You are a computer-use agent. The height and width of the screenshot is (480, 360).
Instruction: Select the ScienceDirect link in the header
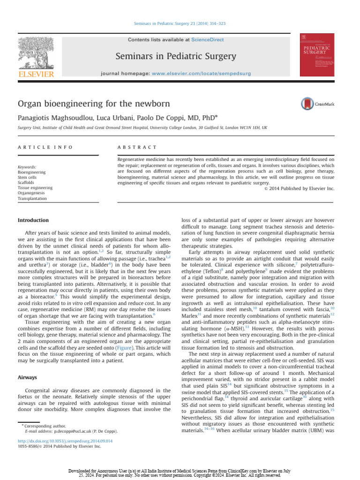pos(207,40)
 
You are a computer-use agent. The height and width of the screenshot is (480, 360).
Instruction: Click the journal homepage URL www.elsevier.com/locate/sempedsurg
pos(202,74)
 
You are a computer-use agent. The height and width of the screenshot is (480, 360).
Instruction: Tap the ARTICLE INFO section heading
pos(45,147)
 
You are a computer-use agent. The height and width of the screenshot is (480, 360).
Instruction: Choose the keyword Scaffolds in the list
pos(27,182)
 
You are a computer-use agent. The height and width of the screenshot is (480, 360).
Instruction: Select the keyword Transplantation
pos(32,198)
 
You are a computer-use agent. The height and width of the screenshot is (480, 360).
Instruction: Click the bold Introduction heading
pos(33,220)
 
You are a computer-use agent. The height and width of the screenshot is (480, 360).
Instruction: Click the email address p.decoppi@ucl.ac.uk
pos(76,431)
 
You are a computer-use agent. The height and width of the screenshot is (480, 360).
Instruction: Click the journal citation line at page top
pos(180,23)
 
